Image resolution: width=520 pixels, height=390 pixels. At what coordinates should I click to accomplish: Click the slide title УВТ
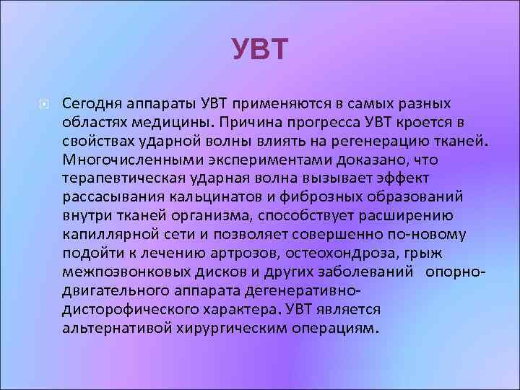[x=260, y=50]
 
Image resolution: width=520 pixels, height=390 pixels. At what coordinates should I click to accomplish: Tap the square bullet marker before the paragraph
[x=45, y=105]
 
